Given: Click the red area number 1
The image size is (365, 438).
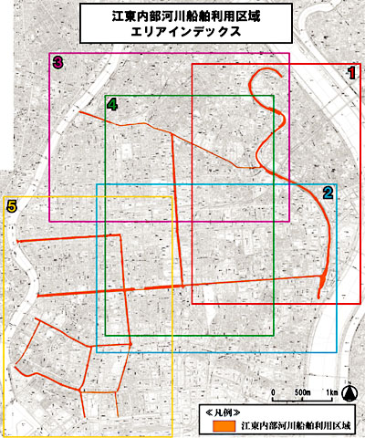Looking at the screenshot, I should click(352, 72).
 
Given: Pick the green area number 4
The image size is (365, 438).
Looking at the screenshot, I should click(111, 104).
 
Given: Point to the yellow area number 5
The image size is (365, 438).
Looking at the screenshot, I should click(11, 206).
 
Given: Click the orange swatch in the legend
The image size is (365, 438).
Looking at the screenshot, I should click(223, 425).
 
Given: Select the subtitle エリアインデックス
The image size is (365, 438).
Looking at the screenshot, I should click(182, 33).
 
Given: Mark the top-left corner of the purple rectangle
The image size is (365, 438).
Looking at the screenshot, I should click(49, 53).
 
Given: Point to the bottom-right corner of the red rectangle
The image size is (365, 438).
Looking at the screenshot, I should click(360, 303).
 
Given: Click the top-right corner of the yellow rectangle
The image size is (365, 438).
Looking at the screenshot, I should click(172, 195).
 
